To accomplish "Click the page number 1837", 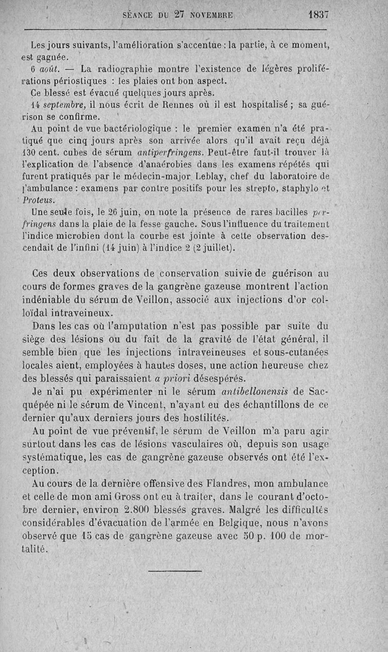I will (x=318, y=15).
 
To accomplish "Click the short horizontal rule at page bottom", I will (x=174, y=570).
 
